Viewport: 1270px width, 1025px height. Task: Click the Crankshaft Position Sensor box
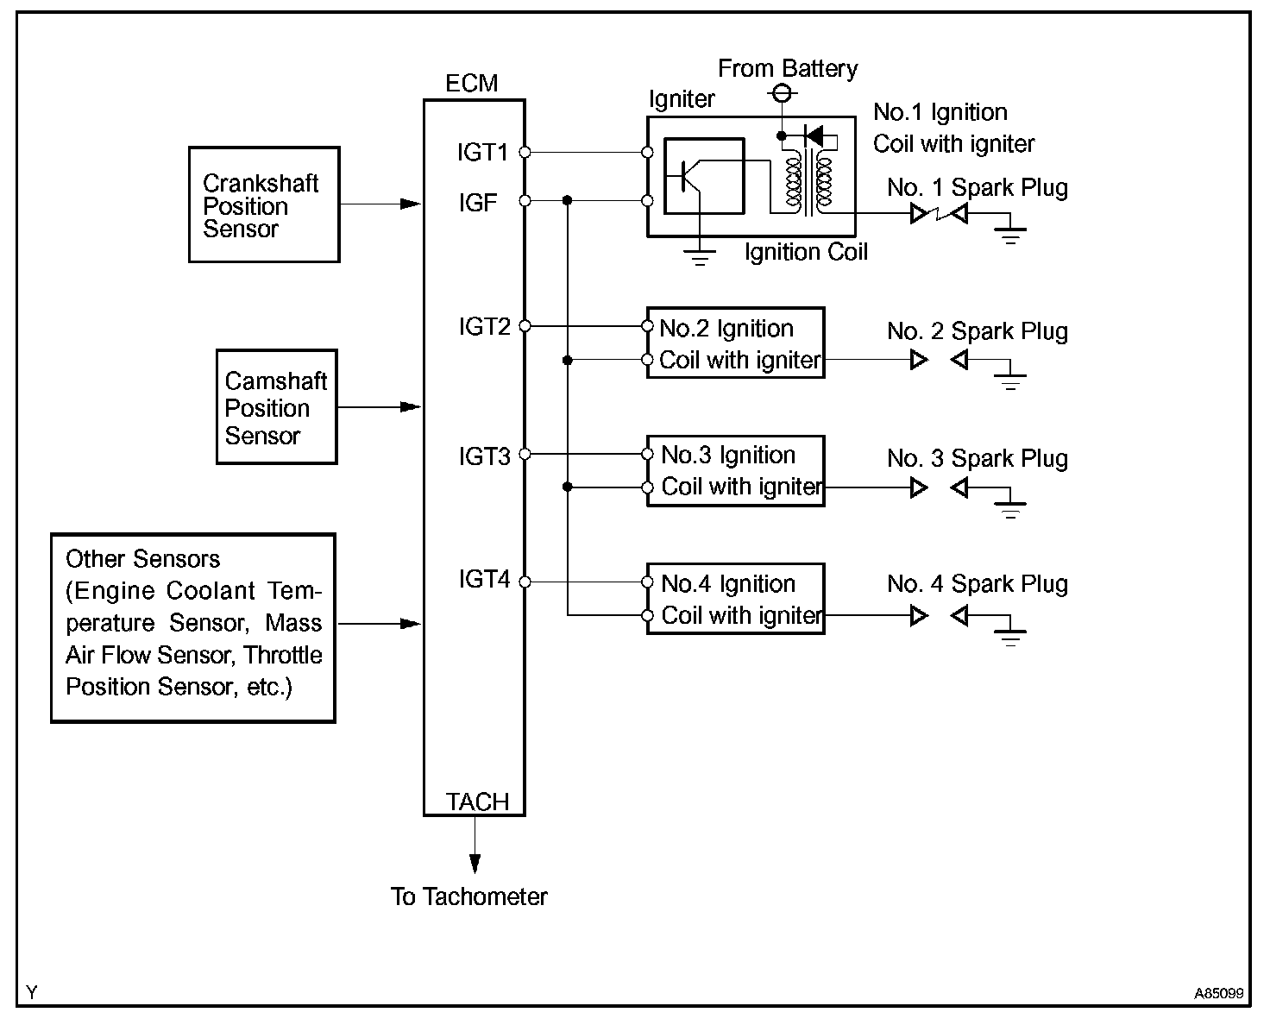[263, 204]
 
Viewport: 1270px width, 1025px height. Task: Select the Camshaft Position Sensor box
[276, 407]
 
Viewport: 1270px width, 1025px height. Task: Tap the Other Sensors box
[193, 628]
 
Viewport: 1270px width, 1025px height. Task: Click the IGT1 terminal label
[482, 153]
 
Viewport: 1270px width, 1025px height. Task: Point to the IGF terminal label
[478, 203]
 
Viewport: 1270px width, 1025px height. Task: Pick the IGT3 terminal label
[484, 456]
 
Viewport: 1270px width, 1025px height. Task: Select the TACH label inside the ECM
[477, 802]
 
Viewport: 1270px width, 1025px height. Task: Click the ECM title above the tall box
[471, 84]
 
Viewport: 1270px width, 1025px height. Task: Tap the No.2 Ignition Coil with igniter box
[735, 343]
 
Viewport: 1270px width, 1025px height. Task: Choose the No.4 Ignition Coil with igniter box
[735, 599]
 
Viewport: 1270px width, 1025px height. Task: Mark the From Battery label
[788, 69]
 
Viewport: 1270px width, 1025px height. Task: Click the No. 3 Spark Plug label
[977, 459]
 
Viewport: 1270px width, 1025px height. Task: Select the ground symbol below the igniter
[701, 255]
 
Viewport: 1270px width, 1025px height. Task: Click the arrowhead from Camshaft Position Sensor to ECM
[411, 407]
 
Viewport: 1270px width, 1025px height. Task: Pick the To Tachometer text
[468, 897]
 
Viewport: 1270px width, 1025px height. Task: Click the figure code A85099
[1218, 994]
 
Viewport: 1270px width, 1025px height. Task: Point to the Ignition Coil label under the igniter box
[806, 253]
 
